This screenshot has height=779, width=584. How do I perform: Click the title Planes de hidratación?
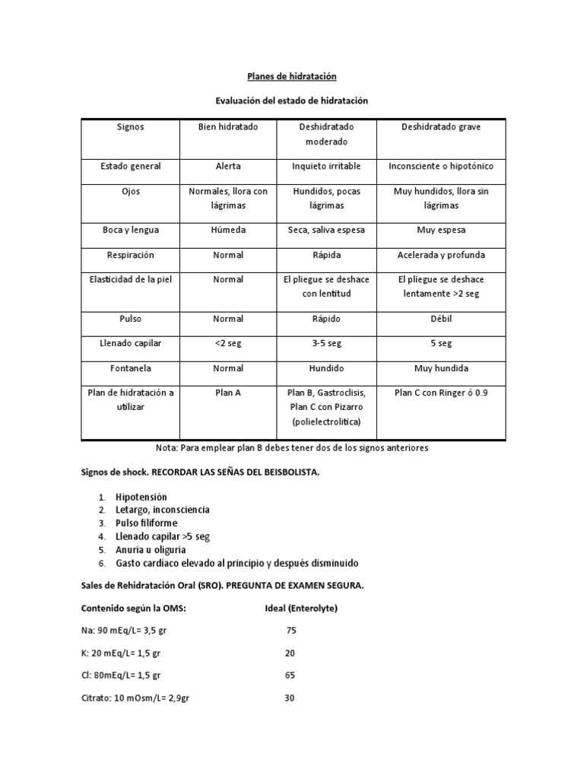click(x=291, y=77)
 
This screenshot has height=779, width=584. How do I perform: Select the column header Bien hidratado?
click(x=228, y=127)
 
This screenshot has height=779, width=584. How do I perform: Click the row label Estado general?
click(x=131, y=166)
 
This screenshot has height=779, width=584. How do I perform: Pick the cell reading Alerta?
click(x=228, y=166)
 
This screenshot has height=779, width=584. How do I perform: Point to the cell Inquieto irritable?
click(x=326, y=166)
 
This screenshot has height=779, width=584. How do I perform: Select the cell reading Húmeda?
click(x=228, y=230)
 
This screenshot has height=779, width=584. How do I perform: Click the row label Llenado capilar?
click(x=131, y=343)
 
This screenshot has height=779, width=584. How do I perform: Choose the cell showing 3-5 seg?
click(x=326, y=343)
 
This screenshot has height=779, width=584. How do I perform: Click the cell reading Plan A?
click(x=228, y=393)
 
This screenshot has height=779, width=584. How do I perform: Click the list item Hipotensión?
click(x=141, y=497)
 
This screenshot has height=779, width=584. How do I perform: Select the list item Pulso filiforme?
click(x=147, y=523)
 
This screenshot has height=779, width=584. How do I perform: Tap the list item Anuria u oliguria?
click(x=151, y=549)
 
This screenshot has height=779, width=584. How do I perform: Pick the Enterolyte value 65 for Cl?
click(x=290, y=675)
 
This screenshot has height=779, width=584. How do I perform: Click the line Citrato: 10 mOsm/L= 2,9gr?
click(x=135, y=698)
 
